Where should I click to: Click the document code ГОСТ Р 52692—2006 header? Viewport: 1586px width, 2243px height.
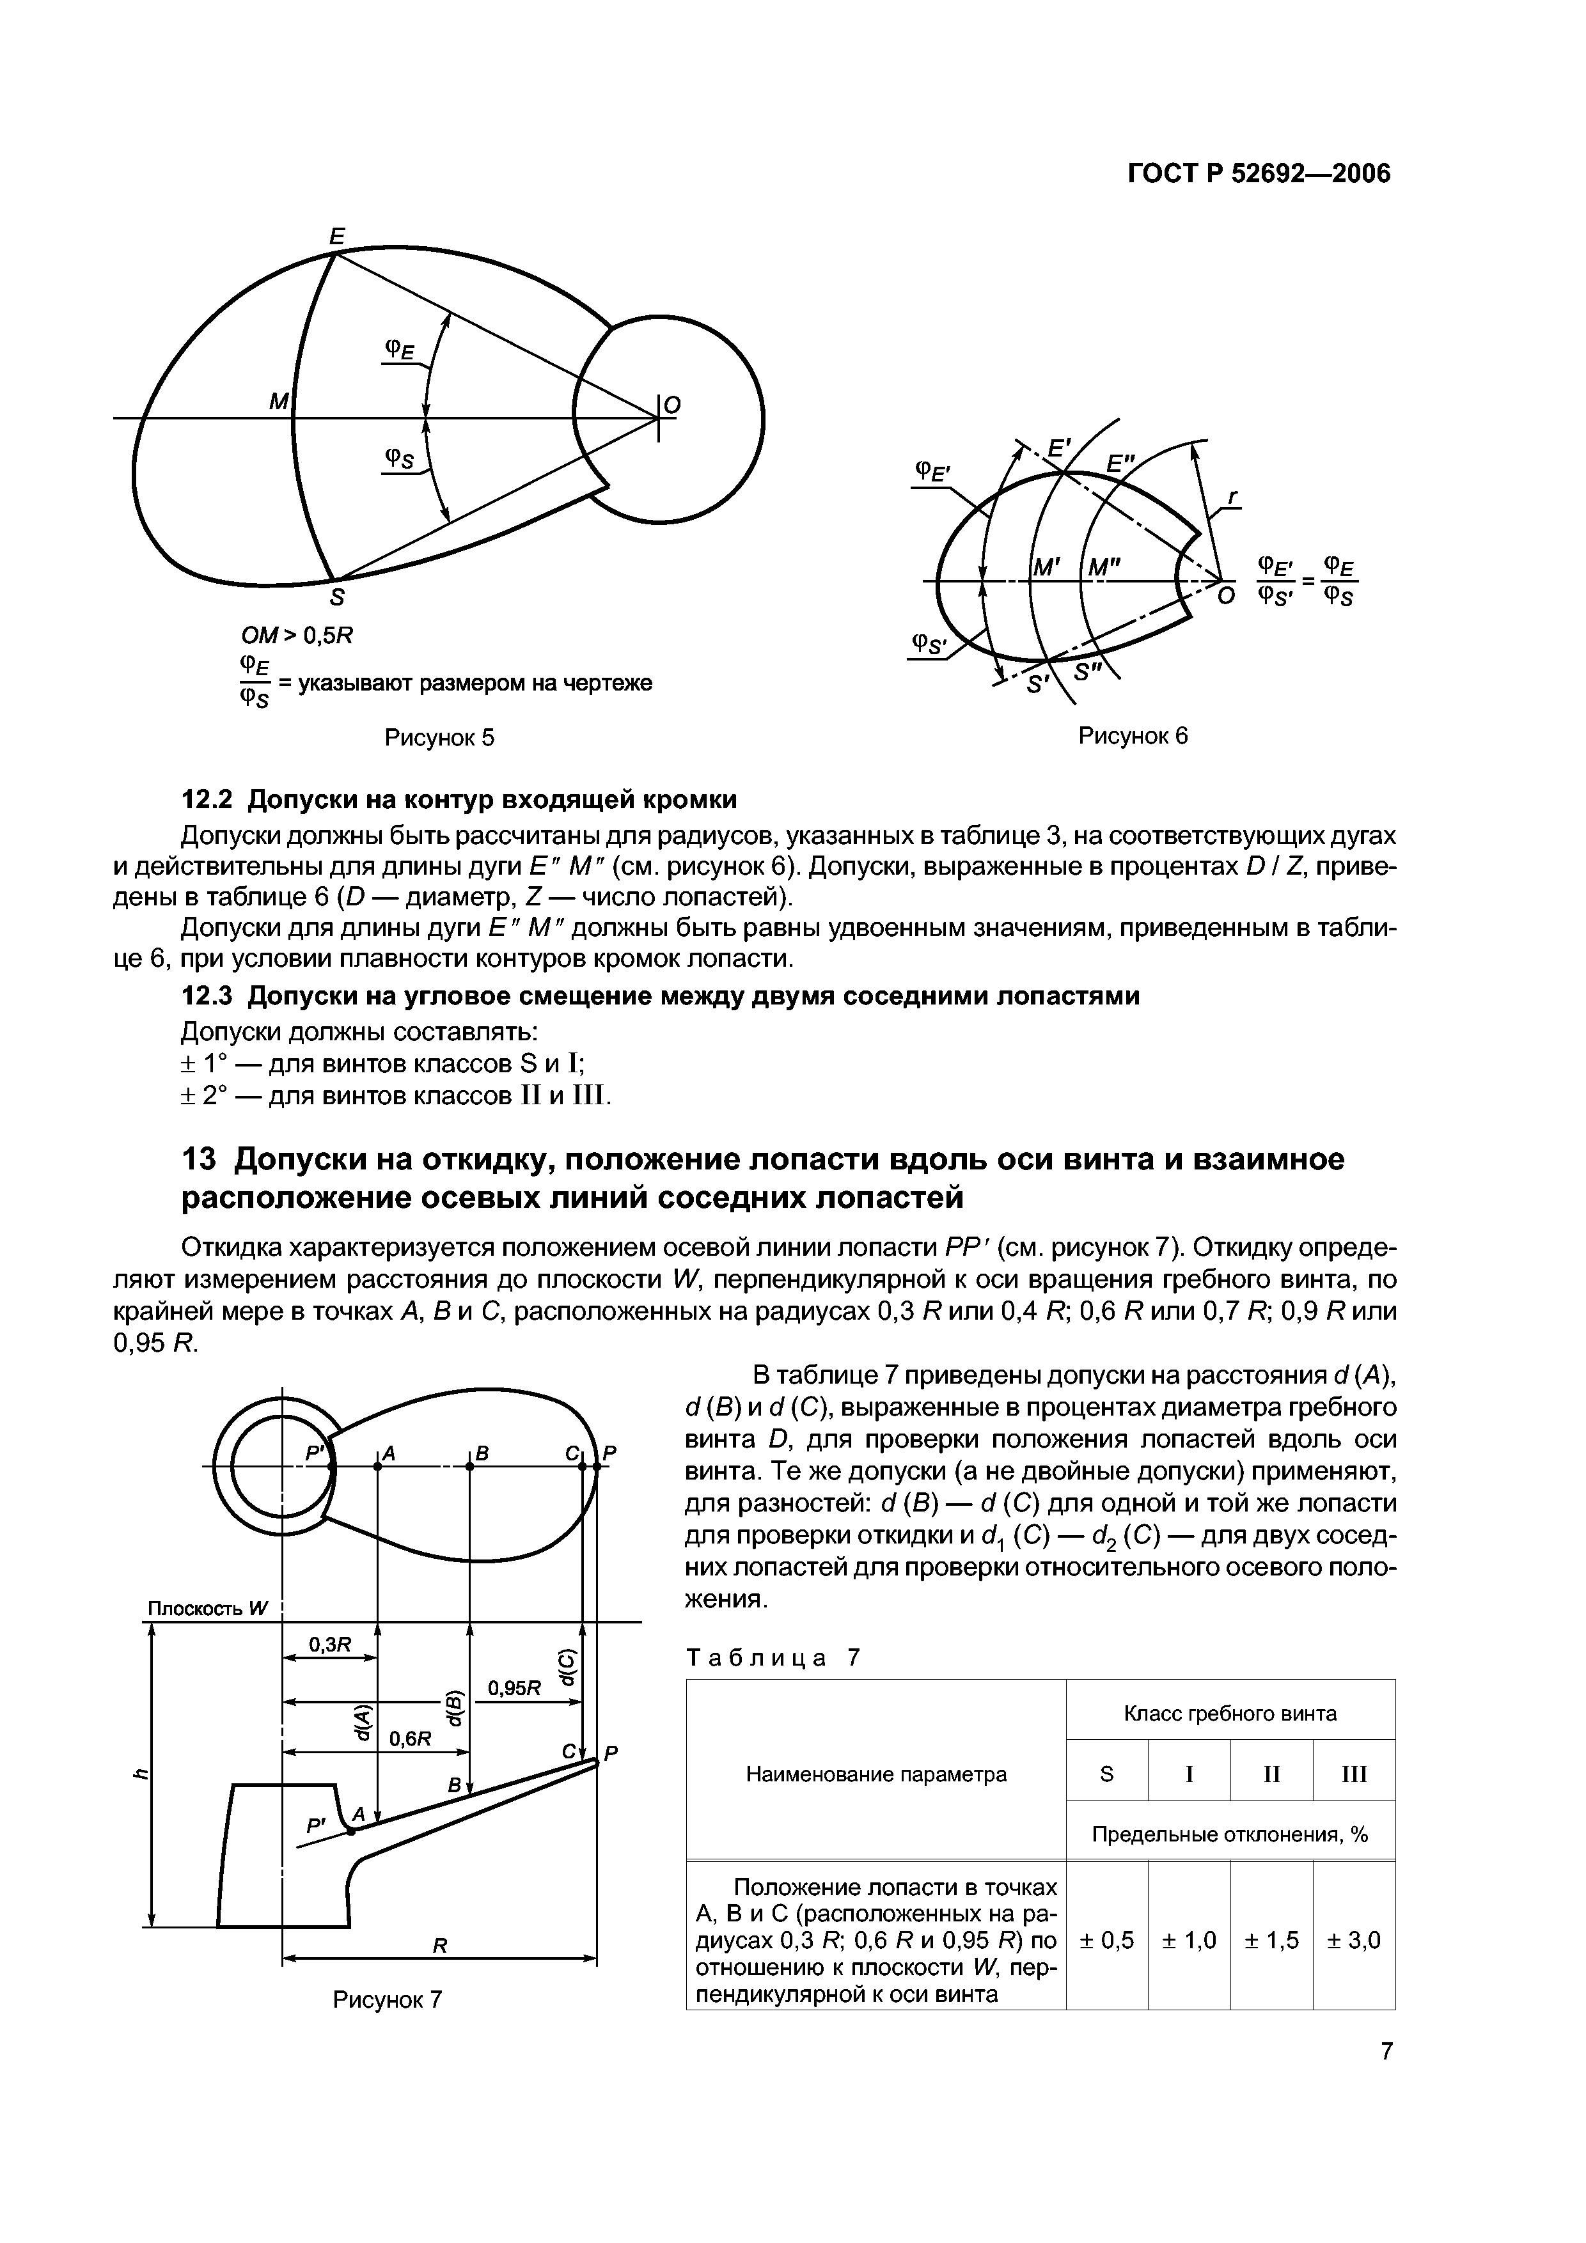[1259, 174]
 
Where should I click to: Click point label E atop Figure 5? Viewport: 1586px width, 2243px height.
[337, 235]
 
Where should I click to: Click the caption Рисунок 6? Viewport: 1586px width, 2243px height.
[1133, 735]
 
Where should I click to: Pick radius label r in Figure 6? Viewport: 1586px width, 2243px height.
[1232, 499]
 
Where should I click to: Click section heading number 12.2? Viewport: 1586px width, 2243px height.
[208, 799]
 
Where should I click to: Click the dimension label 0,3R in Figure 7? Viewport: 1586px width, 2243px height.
[329, 1644]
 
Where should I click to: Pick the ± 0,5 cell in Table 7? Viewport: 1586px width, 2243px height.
[1106, 1940]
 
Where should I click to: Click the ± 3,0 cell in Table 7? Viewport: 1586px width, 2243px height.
[1353, 1940]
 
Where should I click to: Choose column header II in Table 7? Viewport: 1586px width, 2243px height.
[1271, 1773]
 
